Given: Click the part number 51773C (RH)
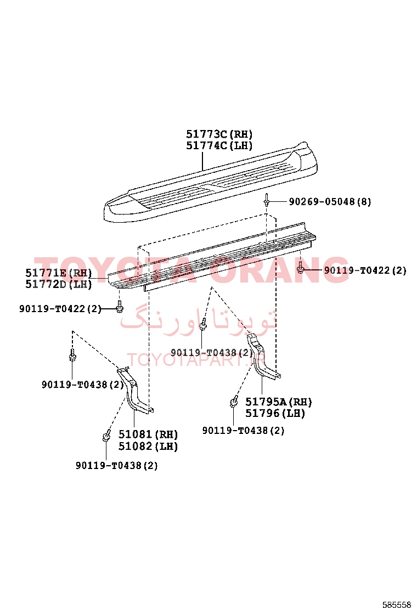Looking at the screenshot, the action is click(x=219, y=134).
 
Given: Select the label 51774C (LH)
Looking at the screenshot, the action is click(x=219, y=145).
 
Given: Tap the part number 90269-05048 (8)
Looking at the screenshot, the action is click(x=330, y=201).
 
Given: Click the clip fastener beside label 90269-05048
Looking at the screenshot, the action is click(x=267, y=200).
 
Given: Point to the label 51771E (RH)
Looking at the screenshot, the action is click(x=59, y=273).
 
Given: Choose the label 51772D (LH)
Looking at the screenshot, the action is click(x=59, y=284).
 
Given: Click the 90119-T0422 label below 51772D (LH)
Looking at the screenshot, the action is click(x=60, y=309).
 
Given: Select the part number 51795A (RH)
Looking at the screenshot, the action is click(x=279, y=402).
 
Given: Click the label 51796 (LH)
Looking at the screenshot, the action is click(x=275, y=413).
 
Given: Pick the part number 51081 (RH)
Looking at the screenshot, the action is click(x=148, y=434).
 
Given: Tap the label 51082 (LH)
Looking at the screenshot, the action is click(x=148, y=446).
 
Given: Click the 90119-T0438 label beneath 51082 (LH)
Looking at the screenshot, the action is click(x=117, y=465).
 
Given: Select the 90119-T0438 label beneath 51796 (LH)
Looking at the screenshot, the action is click(x=243, y=431).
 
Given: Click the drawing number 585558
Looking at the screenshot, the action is click(x=396, y=605).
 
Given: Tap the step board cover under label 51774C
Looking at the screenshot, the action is click(x=210, y=182).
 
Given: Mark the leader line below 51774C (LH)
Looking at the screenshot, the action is click(x=202, y=161).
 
